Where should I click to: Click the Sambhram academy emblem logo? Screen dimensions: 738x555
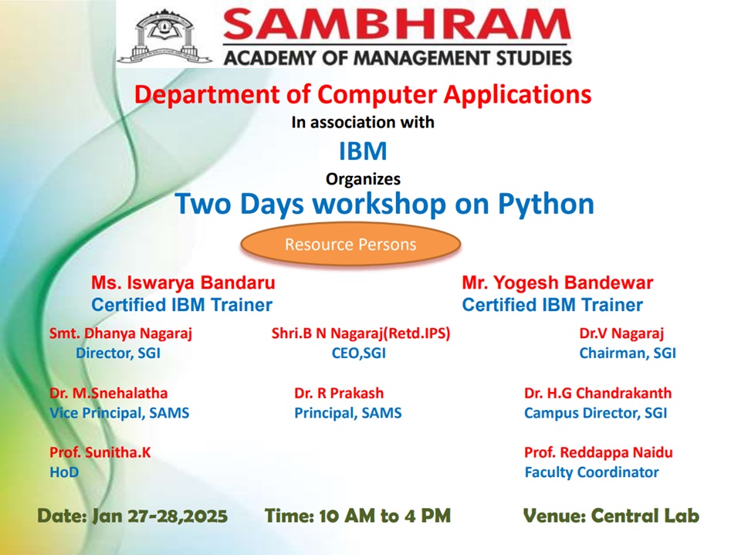coord(164,37)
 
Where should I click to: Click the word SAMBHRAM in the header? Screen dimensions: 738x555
coord(397,24)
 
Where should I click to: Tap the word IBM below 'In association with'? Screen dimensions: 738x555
coord(363,151)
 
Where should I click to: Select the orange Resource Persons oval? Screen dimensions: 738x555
coord(350,245)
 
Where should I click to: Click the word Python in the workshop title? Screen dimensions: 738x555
coord(546,205)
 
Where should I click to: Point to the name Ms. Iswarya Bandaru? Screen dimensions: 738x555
coord(183,283)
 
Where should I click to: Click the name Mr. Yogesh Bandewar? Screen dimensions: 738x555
coord(557,283)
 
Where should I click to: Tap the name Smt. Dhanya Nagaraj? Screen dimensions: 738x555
coord(120,333)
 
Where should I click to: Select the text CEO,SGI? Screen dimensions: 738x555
coord(359,353)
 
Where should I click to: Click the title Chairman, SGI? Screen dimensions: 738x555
coord(628,353)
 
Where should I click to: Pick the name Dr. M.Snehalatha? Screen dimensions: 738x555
coord(108,393)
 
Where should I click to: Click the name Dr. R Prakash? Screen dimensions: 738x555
coord(339,393)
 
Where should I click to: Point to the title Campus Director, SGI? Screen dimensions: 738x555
coord(595,413)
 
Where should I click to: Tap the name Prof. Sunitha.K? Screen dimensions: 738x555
coord(100,452)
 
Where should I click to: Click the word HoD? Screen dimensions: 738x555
coord(64,472)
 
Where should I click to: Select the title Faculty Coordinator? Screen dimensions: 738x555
coord(591,472)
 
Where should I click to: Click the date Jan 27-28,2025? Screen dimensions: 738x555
coord(160,516)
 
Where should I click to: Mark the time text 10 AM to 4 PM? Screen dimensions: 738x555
coord(384,516)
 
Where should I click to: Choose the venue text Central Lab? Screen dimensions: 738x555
coord(645,516)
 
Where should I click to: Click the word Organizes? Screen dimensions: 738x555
coord(363,179)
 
